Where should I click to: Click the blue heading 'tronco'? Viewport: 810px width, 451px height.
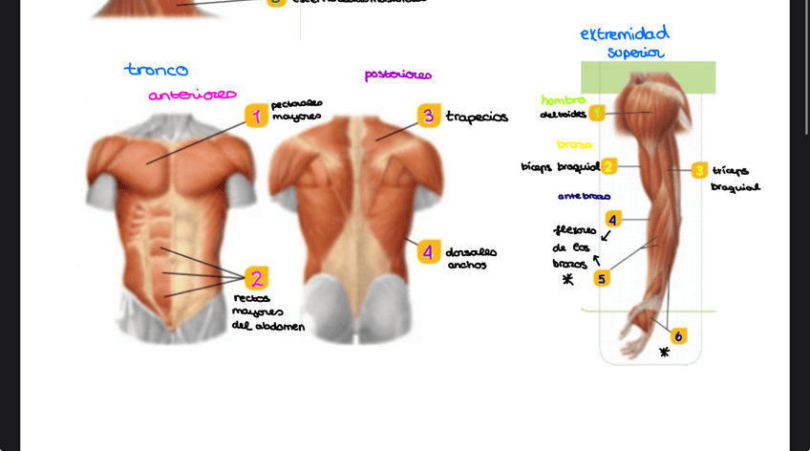[x=156, y=70]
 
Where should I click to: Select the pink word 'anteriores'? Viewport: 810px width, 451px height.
[x=192, y=95]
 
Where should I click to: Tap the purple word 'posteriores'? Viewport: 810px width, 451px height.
[x=397, y=75]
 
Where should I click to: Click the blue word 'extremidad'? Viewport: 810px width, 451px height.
[x=625, y=34]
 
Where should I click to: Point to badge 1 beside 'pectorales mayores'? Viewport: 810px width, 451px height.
[x=255, y=117]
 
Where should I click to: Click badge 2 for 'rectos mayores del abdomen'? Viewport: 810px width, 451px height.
[x=255, y=278]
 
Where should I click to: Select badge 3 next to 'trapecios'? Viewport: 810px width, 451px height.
[x=429, y=116]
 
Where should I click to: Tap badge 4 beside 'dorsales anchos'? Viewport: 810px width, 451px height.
[x=428, y=252]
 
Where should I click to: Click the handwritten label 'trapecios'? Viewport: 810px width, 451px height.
[x=477, y=118]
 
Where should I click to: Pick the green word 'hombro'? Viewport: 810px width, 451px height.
[x=564, y=99]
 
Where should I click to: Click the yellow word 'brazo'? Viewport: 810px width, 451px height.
[x=574, y=145]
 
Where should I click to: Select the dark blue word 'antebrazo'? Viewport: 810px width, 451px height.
[x=584, y=197]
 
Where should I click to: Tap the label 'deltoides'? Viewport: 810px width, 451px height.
[x=564, y=114]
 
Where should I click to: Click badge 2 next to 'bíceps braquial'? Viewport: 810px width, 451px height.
[x=608, y=166]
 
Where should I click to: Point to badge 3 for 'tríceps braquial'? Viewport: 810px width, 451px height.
[x=699, y=170]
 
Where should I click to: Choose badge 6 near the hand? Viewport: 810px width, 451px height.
[x=678, y=335]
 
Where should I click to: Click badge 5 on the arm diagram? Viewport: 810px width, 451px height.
[x=601, y=278]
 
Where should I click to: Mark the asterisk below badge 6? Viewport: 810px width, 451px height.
[x=665, y=353]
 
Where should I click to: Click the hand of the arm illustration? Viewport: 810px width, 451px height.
[x=635, y=335]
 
